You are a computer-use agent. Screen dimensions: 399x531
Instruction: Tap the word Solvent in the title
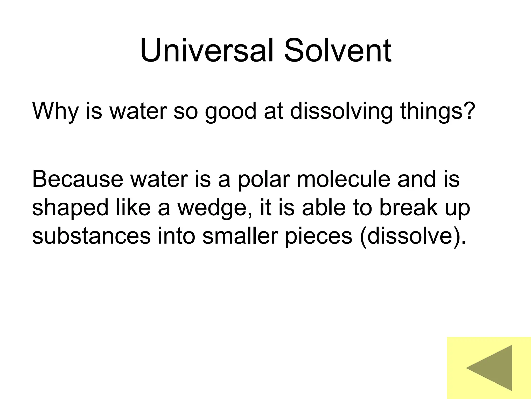(x=337, y=50)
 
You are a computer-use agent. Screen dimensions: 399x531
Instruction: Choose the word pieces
(x=319, y=237)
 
